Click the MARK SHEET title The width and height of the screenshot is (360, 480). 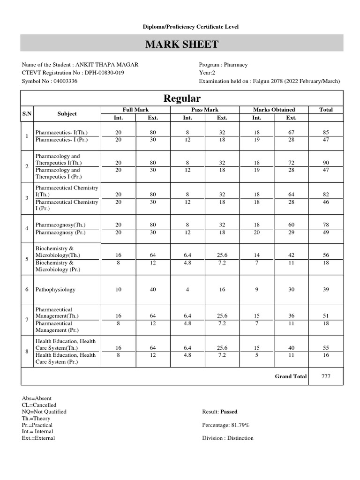tap(181, 45)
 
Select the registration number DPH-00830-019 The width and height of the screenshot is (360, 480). tap(104, 73)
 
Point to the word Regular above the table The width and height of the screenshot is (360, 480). tap(181, 98)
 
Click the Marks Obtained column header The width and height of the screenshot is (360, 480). tap(274, 110)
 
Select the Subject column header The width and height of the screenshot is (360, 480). tap(67, 113)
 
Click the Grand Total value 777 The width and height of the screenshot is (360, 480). tap(326, 376)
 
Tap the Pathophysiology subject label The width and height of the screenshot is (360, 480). tap(55, 290)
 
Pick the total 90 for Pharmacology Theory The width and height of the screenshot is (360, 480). tap(326, 163)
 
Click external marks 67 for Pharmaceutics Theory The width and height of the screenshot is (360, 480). tap(291, 133)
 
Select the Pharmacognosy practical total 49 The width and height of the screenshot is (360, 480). tap(326, 232)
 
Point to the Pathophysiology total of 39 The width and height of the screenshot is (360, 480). tap(326, 290)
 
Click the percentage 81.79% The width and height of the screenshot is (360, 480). tap(240, 425)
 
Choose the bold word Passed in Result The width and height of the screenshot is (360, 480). tap(229, 412)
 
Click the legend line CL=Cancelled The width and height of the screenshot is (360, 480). tap(39, 405)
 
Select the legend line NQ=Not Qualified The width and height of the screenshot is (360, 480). tap(44, 412)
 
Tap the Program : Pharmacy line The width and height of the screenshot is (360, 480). tap(223, 65)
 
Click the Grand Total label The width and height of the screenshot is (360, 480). tap(291, 376)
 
